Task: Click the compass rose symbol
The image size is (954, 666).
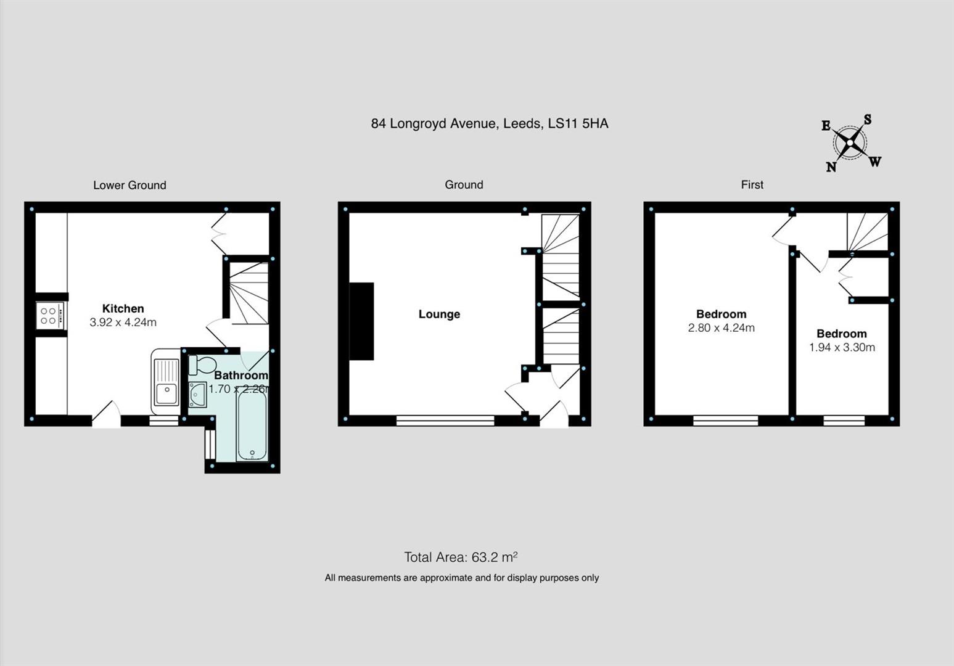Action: pos(850,144)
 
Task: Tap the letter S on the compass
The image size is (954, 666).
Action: pos(867,120)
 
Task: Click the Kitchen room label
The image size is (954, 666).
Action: pos(123,309)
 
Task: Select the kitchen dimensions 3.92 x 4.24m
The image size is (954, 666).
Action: pos(123,323)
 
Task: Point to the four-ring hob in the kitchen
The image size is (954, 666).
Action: pos(49,316)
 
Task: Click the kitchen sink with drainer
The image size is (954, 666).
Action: pos(165,381)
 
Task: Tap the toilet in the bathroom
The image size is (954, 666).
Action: pos(202,364)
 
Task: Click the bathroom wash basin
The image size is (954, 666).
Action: pos(198,394)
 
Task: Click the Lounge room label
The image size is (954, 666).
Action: pos(439,314)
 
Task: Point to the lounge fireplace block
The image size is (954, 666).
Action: pos(362,321)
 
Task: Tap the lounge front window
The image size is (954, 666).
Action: pos(445,421)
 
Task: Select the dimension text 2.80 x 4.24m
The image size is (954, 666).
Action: pos(721,328)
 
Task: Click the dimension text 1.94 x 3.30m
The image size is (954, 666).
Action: pos(842,348)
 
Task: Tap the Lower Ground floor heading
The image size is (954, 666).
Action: pos(130,185)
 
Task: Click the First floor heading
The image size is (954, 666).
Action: pos(752,185)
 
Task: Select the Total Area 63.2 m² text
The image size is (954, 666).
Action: pos(461,557)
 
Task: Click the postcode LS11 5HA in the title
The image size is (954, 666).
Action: pos(578,124)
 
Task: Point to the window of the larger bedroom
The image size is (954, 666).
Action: pos(725,421)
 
